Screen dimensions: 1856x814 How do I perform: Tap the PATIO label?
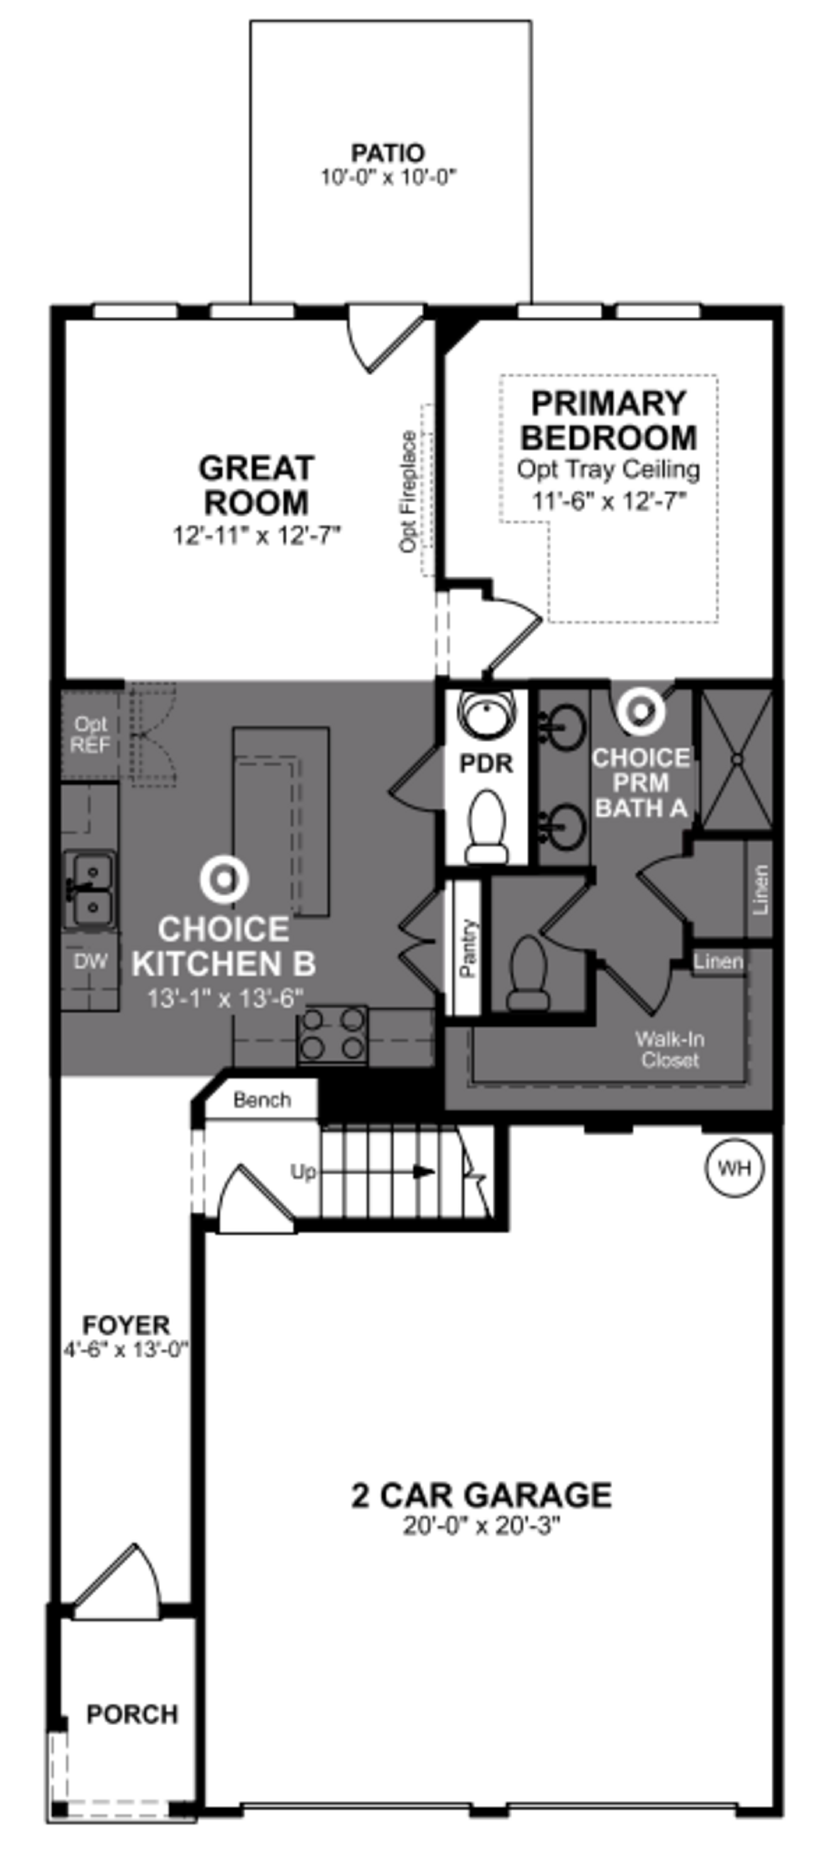point(387,154)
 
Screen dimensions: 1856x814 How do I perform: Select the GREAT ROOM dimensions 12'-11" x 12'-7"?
point(256,535)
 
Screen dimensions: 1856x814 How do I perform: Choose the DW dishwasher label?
point(91,960)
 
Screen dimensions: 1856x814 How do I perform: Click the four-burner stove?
point(332,1035)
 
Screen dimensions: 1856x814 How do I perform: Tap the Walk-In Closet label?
point(669,1049)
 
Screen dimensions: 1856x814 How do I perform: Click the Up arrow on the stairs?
point(424,1171)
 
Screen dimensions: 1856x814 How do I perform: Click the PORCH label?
point(132,1714)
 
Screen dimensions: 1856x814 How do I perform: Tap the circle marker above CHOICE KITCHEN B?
point(224,879)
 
